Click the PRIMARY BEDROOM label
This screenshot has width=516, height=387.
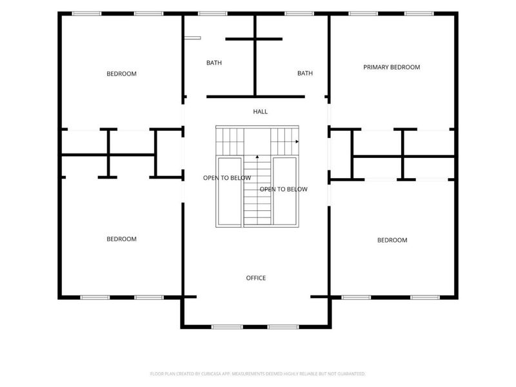tap(392, 67)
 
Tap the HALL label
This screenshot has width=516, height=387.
tap(261, 112)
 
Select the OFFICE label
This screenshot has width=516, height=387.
tap(256, 278)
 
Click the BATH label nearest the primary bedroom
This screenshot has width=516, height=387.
tap(305, 73)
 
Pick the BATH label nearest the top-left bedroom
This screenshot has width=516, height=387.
tap(214, 63)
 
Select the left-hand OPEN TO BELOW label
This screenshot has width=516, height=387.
tap(227, 178)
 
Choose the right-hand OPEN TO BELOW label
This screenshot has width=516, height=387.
tap(284, 189)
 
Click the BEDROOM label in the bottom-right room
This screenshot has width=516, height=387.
tap(392, 240)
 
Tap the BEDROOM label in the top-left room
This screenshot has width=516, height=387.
tap(121, 74)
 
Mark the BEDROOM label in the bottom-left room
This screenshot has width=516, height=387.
tap(121, 239)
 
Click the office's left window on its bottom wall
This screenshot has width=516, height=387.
tap(227, 327)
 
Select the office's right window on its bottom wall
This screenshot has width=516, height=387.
tap(283, 327)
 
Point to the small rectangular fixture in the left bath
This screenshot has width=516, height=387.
tap(192, 38)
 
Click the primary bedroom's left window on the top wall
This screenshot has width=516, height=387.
tap(363, 14)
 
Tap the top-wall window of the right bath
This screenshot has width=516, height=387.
tap(299, 14)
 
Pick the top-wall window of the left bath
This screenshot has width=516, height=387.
tap(213, 14)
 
